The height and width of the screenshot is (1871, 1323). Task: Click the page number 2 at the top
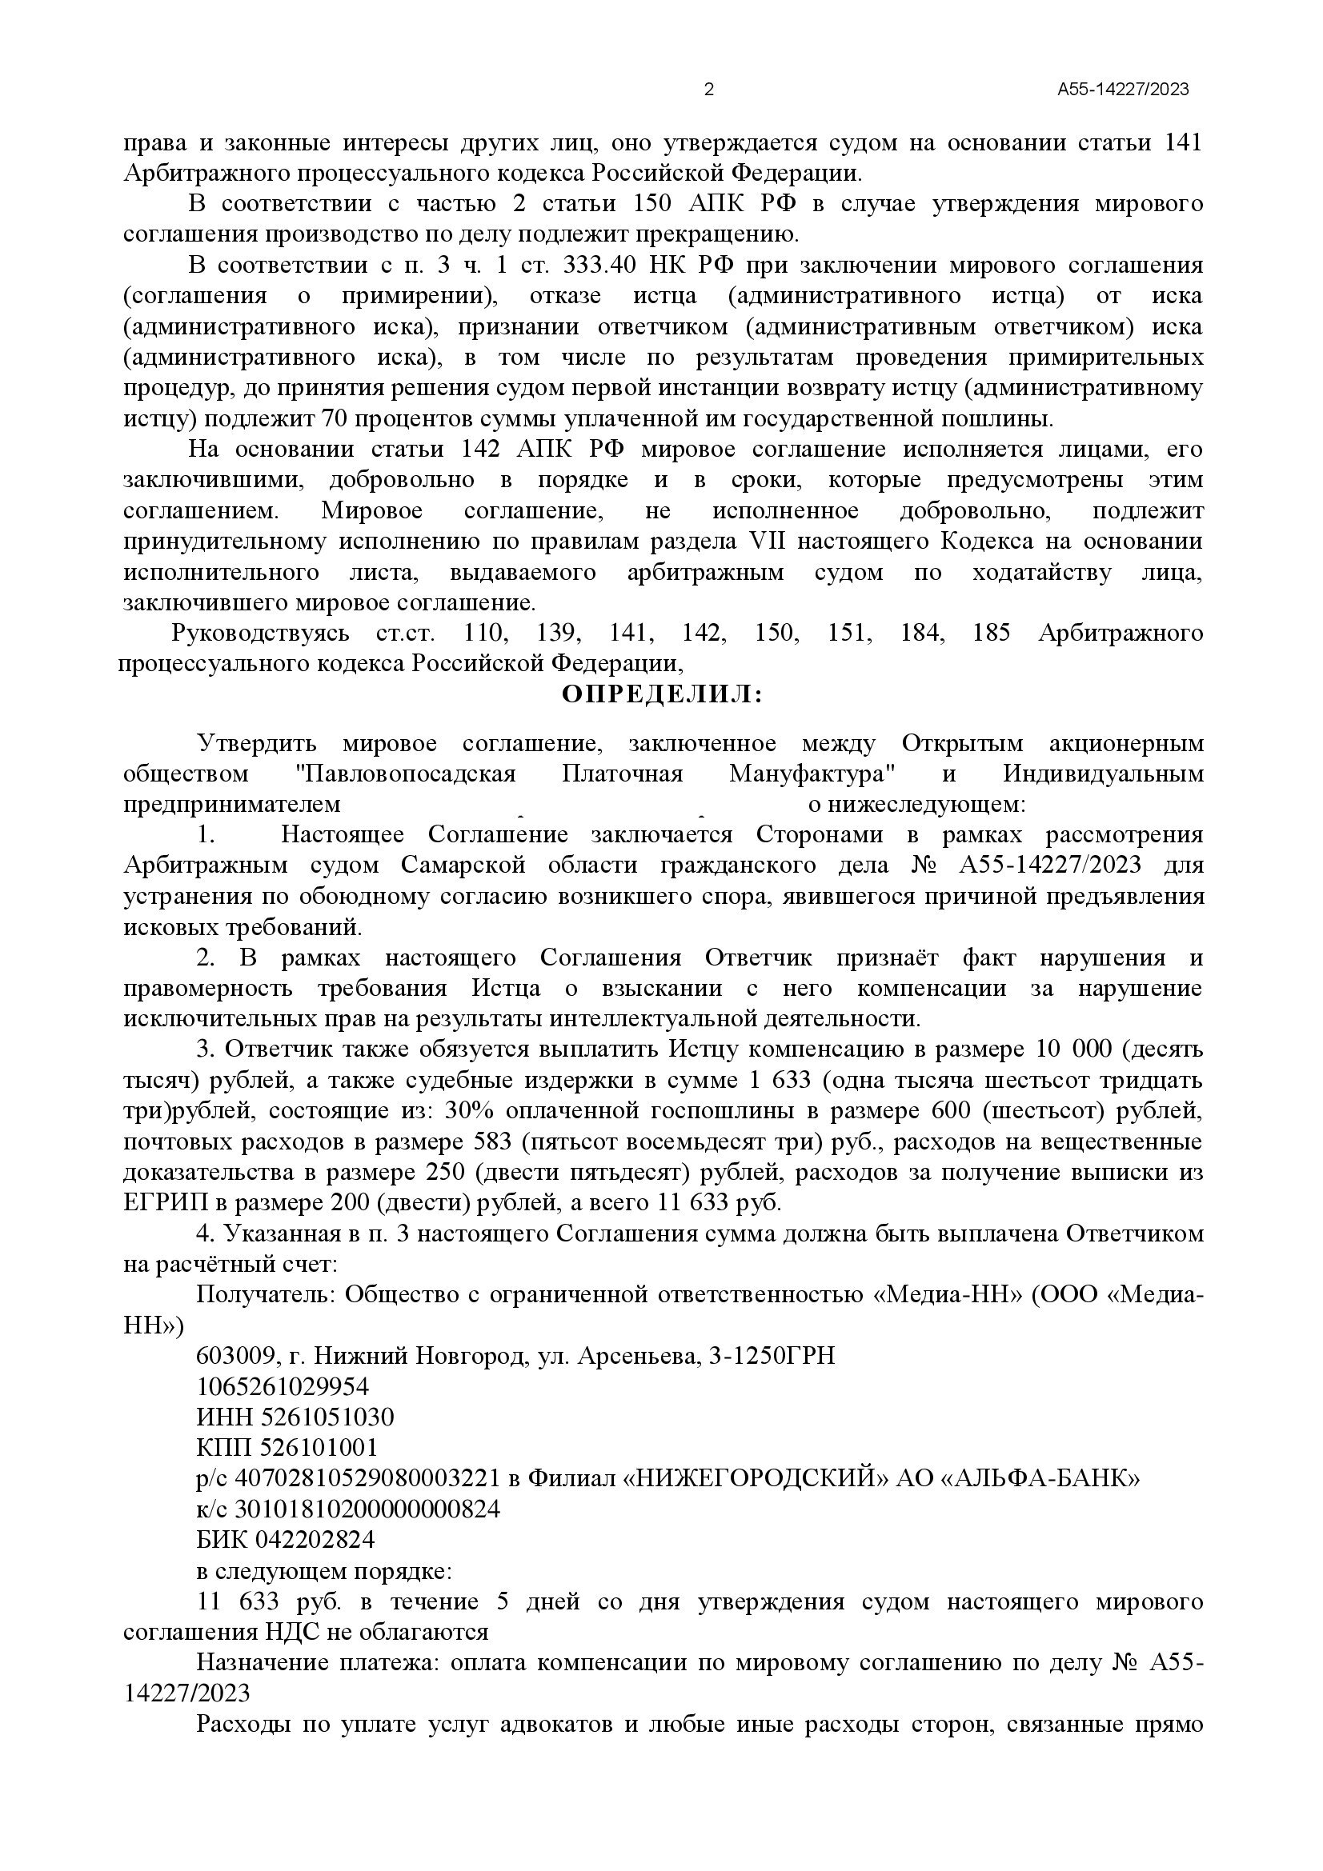(708, 90)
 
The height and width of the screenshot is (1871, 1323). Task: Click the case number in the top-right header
(1122, 90)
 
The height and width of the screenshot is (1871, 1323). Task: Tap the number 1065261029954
(283, 1386)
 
